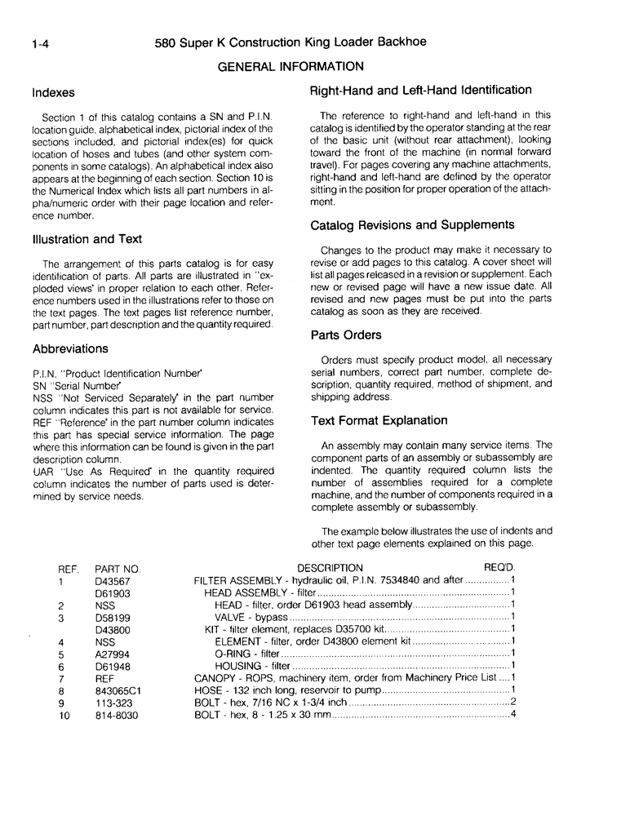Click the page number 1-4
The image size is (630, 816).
pyautogui.click(x=38, y=45)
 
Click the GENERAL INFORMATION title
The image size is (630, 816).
pyautogui.click(x=291, y=66)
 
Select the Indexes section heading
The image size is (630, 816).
pyautogui.click(x=54, y=93)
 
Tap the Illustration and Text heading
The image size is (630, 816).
pyautogui.click(x=87, y=239)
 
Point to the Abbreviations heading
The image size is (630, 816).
pyautogui.click(x=70, y=348)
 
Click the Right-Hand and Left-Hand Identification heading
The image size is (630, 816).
pyautogui.click(x=421, y=90)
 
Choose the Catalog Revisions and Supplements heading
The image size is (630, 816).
pyautogui.click(x=412, y=224)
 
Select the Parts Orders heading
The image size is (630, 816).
pyautogui.click(x=346, y=335)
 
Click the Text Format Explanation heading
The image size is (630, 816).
pyautogui.click(x=379, y=420)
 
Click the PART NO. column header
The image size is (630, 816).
pyautogui.click(x=118, y=568)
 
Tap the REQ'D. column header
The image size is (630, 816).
pyautogui.click(x=500, y=568)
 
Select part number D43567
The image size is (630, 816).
pyautogui.click(x=113, y=581)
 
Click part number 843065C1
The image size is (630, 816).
pyautogui.click(x=118, y=690)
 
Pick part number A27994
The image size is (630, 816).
pyautogui.click(x=113, y=654)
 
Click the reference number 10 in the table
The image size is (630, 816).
pyautogui.click(x=64, y=716)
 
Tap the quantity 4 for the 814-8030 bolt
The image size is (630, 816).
pyautogui.click(x=512, y=715)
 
